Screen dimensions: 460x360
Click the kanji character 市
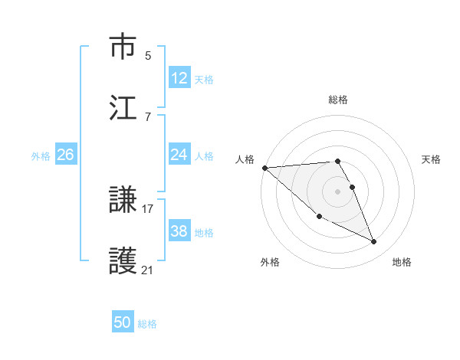point(124,47)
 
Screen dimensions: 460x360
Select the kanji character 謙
point(124,201)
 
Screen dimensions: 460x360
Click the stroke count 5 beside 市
point(147,55)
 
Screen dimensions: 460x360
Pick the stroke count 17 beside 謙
point(148,208)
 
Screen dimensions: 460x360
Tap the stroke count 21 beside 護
point(148,270)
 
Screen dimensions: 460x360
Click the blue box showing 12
point(179,78)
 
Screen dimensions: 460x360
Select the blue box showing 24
point(179,155)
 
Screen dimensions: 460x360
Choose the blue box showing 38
point(179,231)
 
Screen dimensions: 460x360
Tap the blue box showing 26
point(65,155)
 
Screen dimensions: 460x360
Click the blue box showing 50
point(123,322)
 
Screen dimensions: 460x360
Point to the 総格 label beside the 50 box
point(147,324)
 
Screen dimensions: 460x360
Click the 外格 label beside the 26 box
point(41,156)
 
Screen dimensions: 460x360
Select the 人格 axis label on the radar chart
point(244,159)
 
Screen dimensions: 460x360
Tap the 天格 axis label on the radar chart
point(432,159)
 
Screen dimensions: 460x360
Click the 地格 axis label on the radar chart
point(402,262)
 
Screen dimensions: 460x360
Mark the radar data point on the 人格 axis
point(264,168)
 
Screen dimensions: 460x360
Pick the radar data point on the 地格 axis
point(374,242)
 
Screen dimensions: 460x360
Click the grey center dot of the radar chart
point(337,191)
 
